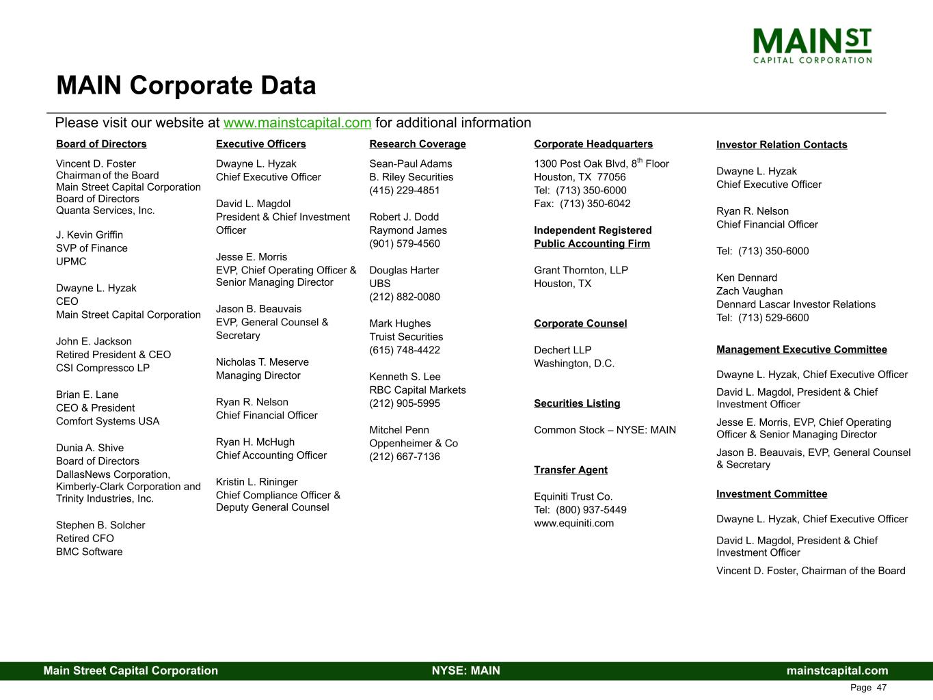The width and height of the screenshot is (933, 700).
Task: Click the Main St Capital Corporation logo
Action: click(x=812, y=45)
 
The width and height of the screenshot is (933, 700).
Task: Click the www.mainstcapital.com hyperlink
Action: click(x=297, y=123)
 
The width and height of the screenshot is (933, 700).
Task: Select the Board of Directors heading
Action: click(x=101, y=144)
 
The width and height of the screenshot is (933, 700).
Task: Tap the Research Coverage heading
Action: click(x=418, y=144)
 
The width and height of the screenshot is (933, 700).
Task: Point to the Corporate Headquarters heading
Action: click(x=593, y=144)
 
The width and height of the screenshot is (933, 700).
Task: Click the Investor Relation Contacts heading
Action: click(x=781, y=145)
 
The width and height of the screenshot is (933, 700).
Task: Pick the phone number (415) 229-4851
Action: click(x=405, y=191)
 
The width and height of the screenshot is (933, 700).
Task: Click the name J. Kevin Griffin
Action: click(x=90, y=235)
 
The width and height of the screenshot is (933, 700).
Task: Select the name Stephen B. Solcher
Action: click(x=100, y=526)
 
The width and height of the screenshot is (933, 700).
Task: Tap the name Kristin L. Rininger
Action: click(x=257, y=482)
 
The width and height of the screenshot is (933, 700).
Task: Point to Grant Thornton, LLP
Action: click(x=581, y=271)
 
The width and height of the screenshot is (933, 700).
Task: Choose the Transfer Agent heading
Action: click(x=571, y=470)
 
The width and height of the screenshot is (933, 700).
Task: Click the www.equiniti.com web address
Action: click(x=574, y=524)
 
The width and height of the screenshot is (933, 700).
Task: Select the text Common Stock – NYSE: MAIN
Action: click(x=605, y=430)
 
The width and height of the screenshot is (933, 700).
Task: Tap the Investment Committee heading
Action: click(x=772, y=494)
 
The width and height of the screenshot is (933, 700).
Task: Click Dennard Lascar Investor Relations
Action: click(x=796, y=305)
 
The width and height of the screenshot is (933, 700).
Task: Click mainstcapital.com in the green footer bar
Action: click(x=837, y=671)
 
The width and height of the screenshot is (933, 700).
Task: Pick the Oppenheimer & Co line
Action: click(x=414, y=444)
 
